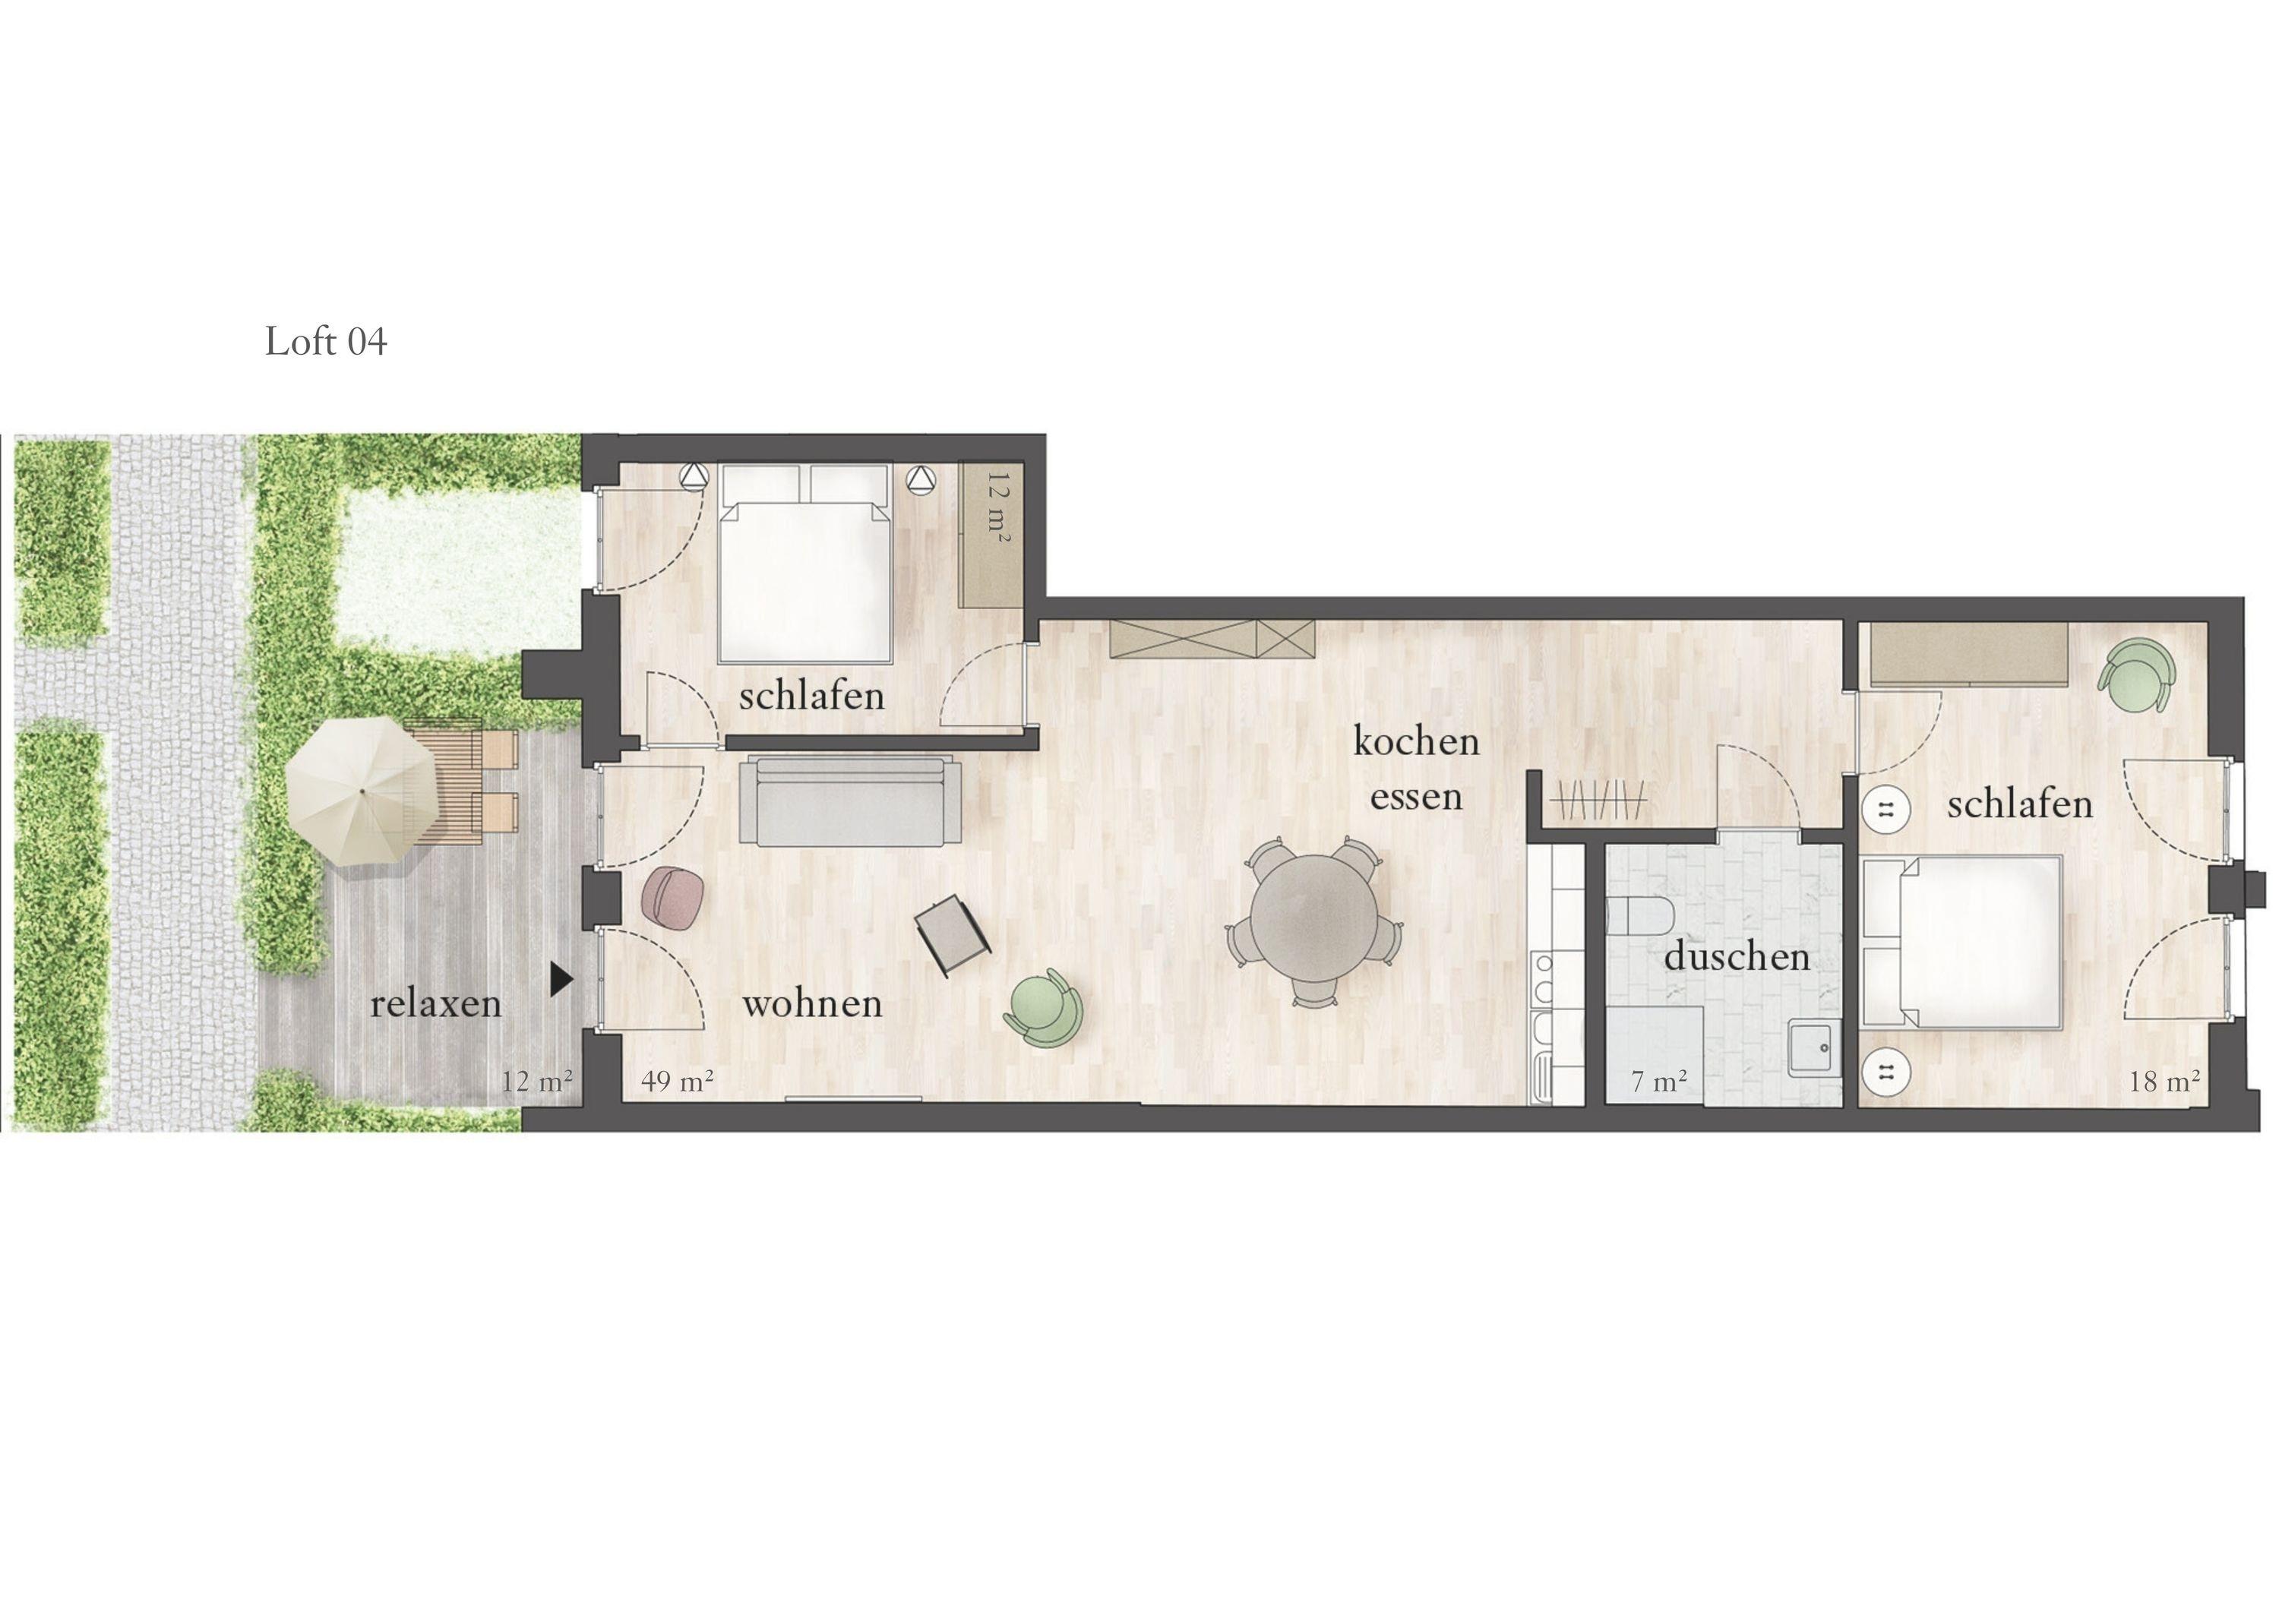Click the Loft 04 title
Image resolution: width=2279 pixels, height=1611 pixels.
point(326,342)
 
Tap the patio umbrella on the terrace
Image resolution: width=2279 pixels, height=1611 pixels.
point(362,791)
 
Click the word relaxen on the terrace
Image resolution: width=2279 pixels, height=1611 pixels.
point(436,1003)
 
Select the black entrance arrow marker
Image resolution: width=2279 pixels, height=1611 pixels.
point(563,980)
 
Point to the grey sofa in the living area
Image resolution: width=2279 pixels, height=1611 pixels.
point(851,801)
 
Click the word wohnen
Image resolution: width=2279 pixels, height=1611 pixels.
point(812,1003)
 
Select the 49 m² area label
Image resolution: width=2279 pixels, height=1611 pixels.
point(678,1081)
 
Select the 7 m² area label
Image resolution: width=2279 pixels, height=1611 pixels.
point(1660,1081)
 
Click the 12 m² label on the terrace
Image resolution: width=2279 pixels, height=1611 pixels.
point(537,1081)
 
